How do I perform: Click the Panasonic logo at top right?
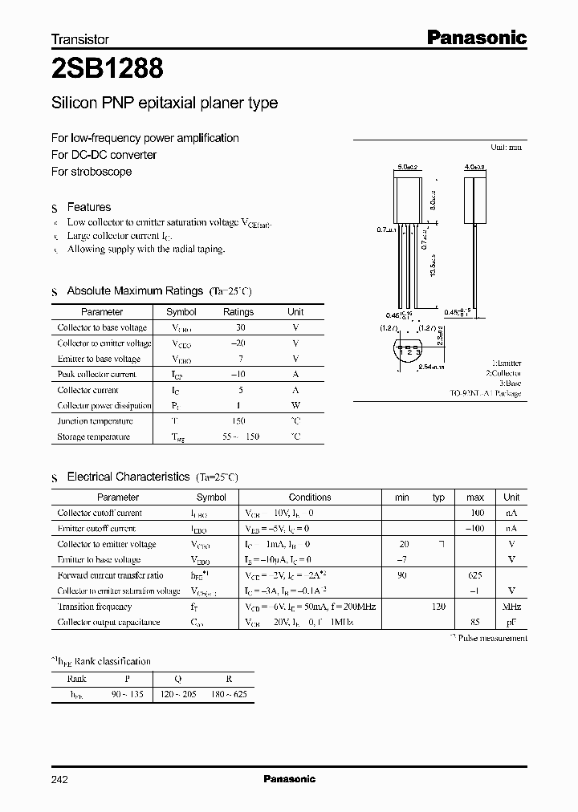475,37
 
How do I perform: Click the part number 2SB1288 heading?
108,69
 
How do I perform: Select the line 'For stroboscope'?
92,172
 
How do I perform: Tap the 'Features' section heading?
89,207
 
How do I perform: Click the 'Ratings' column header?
238,312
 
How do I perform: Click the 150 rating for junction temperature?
238,421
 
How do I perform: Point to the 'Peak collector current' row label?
97,375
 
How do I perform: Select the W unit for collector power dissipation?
295,406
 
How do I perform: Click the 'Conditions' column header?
310,497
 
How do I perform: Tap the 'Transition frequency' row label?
95,607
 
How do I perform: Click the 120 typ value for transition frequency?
438,607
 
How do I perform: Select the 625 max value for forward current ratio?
475,575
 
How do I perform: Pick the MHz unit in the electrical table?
511,607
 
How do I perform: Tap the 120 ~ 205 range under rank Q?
183,695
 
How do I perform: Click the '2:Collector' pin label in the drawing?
503,373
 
